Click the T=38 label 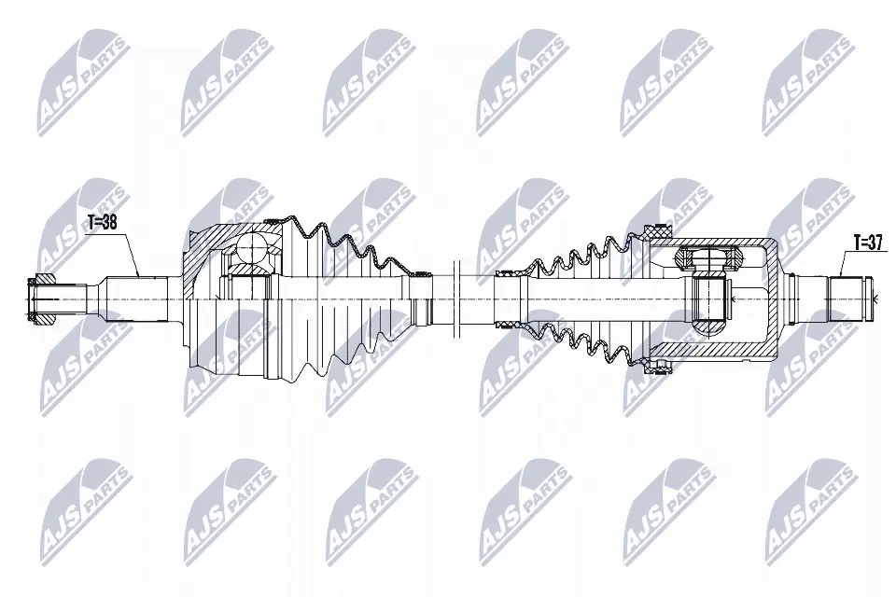pyautogui.click(x=102, y=222)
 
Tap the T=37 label pyautogui.click(x=868, y=243)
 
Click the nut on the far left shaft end pyautogui.click(x=41, y=298)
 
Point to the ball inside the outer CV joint pyautogui.click(x=252, y=247)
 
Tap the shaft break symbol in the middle pyautogui.click(x=456, y=298)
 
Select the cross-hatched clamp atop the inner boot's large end pyautogui.click(x=655, y=232)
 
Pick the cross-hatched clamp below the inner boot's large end pyautogui.click(x=655, y=365)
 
